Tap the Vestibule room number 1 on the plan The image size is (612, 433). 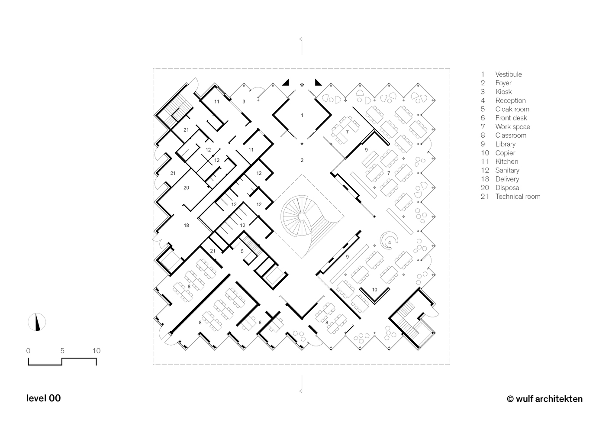click(302, 115)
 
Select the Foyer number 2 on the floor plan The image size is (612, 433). click(302, 160)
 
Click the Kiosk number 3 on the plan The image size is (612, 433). click(244, 102)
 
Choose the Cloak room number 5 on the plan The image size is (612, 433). click(242, 251)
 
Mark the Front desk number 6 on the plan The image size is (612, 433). click(260, 322)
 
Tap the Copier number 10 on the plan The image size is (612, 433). click(374, 289)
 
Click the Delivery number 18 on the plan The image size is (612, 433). click(186, 225)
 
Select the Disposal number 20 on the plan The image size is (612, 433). click(186, 187)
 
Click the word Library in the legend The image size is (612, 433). click(505, 144)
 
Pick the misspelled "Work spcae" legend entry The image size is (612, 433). click(512, 126)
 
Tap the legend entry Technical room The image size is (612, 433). click(518, 197)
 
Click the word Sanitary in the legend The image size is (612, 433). click(507, 170)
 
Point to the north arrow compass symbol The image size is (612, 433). click(37, 322)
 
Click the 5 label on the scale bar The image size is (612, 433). click(62, 351)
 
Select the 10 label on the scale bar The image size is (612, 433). click(96, 351)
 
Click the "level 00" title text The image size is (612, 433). click(43, 398)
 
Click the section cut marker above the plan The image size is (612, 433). click(301, 45)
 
